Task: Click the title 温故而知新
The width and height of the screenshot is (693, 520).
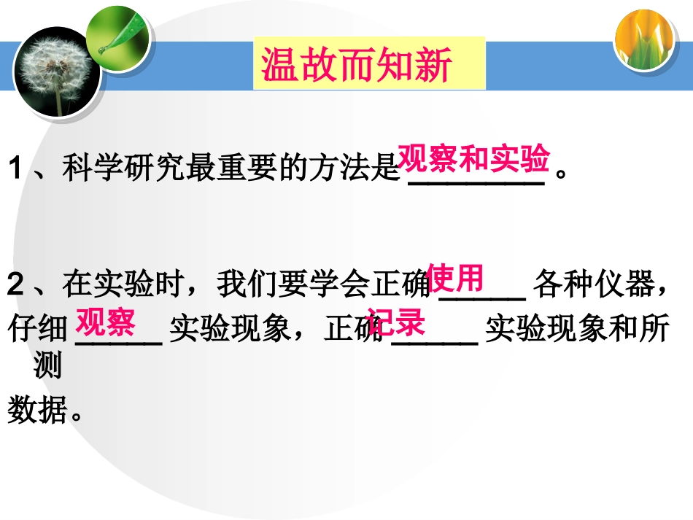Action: click(x=357, y=65)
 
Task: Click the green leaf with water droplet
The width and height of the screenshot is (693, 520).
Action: click(x=117, y=36)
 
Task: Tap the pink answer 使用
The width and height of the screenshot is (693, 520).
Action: click(x=455, y=277)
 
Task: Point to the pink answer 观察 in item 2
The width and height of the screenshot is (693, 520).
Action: click(x=106, y=322)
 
